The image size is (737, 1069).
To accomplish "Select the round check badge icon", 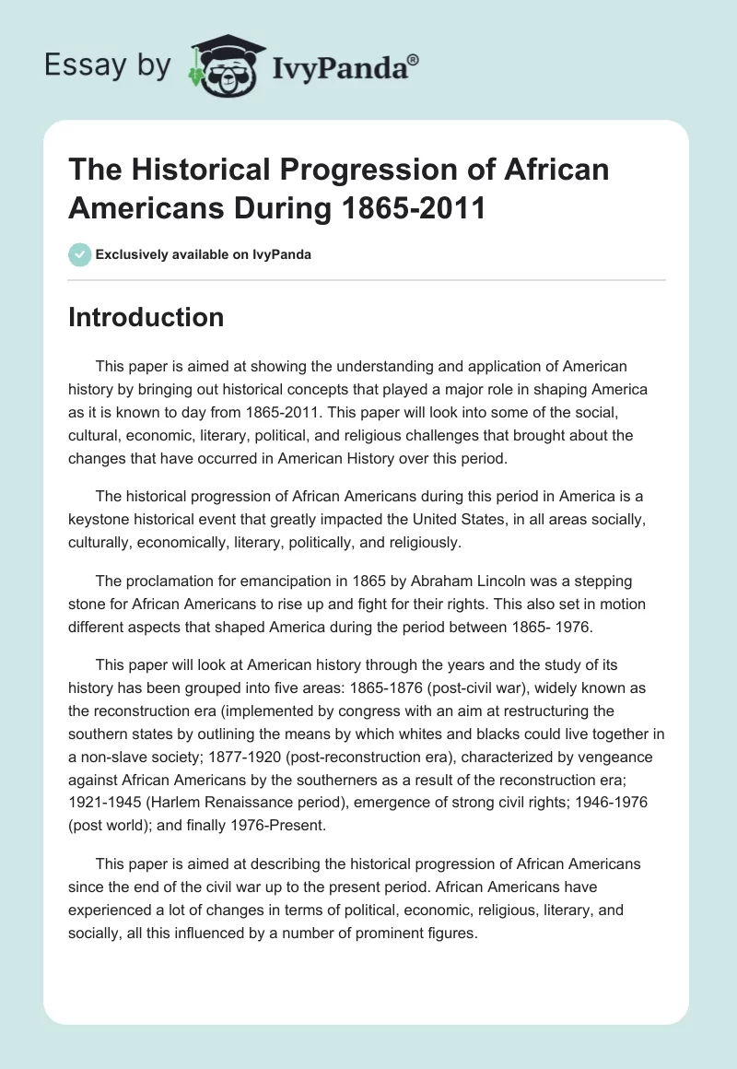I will [x=80, y=254].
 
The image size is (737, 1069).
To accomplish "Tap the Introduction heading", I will [x=146, y=317].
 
